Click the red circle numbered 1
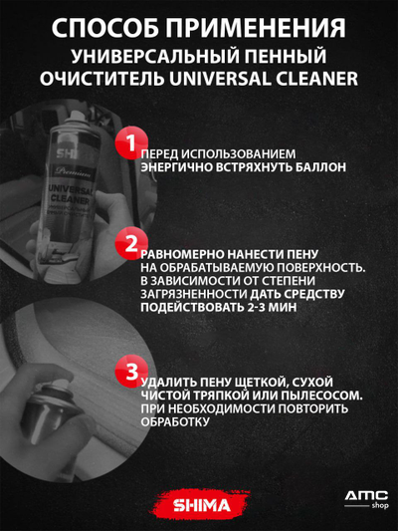[x=129, y=142]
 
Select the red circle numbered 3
[x=129, y=373]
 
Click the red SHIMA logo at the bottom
[x=199, y=505]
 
